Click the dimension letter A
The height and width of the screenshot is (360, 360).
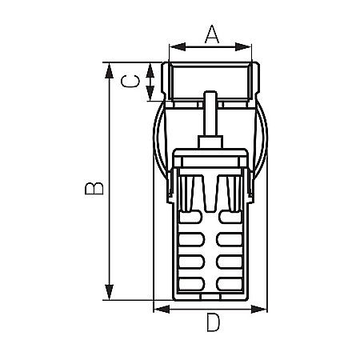211,34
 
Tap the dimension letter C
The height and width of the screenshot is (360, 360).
135,82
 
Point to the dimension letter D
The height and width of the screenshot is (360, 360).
213,324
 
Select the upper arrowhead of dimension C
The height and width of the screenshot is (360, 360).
150,67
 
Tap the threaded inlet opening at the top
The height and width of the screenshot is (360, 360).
211,80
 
